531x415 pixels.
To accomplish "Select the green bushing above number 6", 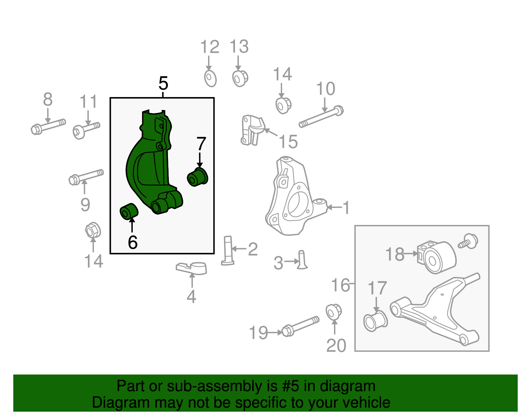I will point(129,211).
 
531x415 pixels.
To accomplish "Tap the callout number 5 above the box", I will point(163,83).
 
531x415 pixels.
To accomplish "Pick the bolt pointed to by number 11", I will point(86,129).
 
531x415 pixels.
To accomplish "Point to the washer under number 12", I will point(210,78).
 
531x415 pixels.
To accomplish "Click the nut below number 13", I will point(240,78).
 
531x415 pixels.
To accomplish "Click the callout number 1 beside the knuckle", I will point(346,208).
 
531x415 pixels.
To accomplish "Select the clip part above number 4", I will point(192,268).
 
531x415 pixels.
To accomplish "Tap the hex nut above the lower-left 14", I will point(93,230).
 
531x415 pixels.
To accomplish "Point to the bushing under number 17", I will point(375,321).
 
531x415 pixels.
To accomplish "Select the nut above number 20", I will point(333,312).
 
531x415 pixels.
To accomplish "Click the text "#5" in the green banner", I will point(290,386).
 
